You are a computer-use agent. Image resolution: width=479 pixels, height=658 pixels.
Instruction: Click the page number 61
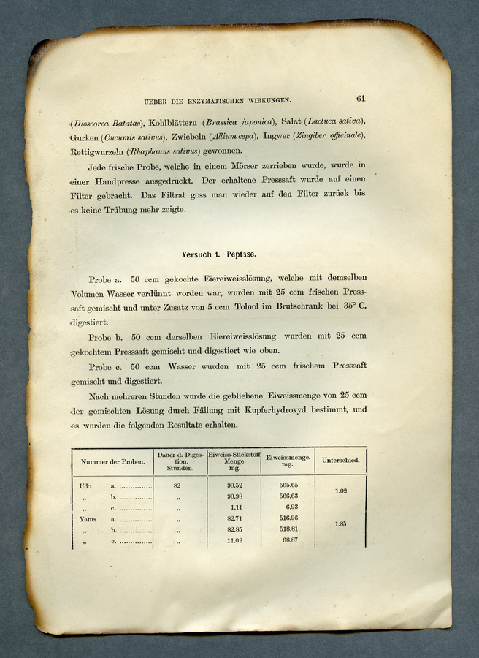click(x=361, y=98)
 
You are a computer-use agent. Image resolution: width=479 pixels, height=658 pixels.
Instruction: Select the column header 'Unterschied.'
click(x=340, y=461)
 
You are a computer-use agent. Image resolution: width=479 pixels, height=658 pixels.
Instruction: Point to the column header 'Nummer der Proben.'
click(x=113, y=462)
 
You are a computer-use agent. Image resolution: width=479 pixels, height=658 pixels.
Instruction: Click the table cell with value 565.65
click(x=288, y=485)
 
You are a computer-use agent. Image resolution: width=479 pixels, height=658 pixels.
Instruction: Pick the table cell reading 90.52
click(x=234, y=485)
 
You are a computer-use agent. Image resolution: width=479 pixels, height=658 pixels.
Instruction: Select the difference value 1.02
click(x=340, y=491)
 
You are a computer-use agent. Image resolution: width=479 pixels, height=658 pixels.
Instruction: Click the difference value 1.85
click(x=340, y=523)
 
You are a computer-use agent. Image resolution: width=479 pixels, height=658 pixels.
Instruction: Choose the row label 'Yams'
click(x=87, y=518)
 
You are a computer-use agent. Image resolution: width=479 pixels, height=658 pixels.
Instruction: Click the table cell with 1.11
click(x=235, y=507)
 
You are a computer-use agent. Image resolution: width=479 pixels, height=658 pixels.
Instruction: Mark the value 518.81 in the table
click(x=288, y=529)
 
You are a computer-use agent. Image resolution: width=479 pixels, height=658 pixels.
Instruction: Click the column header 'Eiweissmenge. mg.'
click(x=288, y=461)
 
